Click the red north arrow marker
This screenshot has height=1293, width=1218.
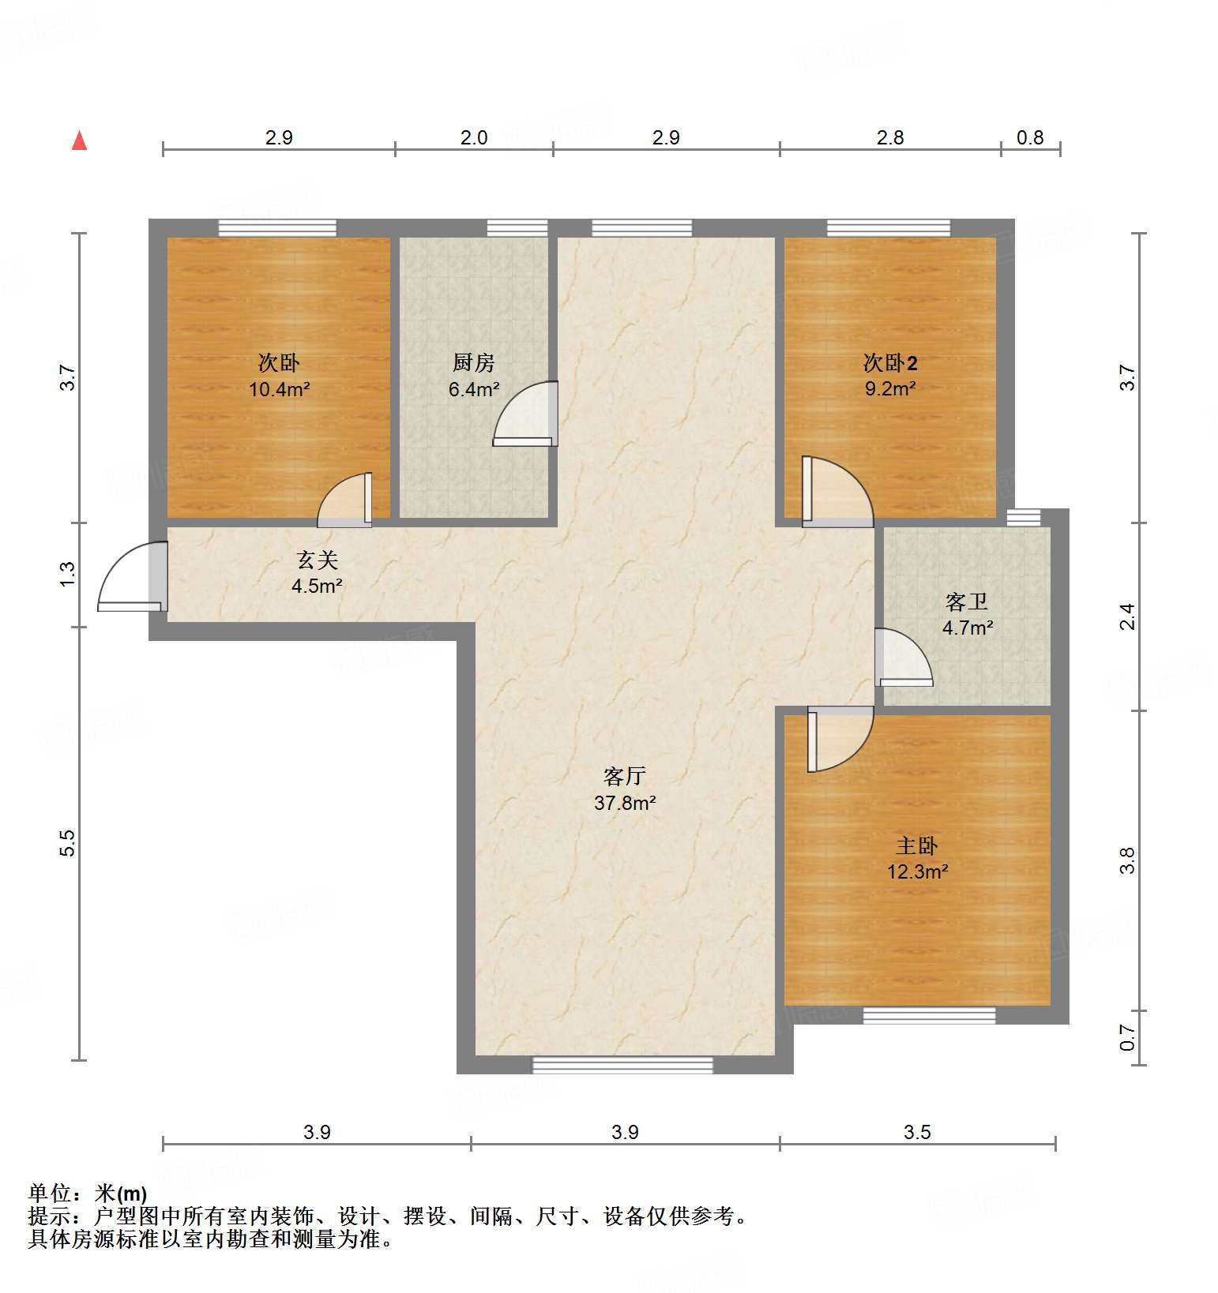pyautogui.click(x=79, y=141)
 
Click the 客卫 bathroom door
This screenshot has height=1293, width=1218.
pyautogui.click(x=903, y=656)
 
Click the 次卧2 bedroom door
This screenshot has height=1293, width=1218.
pyautogui.click(x=836, y=491)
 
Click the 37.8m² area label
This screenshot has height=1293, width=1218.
pyautogui.click(x=625, y=803)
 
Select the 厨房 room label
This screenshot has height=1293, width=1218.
pyautogui.click(x=474, y=362)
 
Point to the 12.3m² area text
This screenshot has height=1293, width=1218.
pyautogui.click(x=916, y=871)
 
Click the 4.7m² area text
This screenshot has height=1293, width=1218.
pyautogui.click(x=967, y=628)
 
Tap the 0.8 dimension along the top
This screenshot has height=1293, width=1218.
pyautogui.click(x=1030, y=137)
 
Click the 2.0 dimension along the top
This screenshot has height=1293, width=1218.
pyautogui.click(x=474, y=137)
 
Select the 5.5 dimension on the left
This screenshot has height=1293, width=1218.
pyautogui.click(x=68, y=842)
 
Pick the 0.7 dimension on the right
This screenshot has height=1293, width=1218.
pyautogui.click(x=1128, y=1037)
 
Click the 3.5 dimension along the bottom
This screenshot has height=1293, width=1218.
pyautogui.click(x=917, y=1132)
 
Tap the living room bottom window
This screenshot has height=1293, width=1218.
pyautogui.click(x=622, y=1066)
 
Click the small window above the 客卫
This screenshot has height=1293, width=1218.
pyautogui.click(x=1024, y=517)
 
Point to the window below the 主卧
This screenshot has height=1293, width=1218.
pyautogui.click(x=929, y=1016)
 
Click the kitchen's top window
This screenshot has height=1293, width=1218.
pyautogui.click(x=517, y=228)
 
